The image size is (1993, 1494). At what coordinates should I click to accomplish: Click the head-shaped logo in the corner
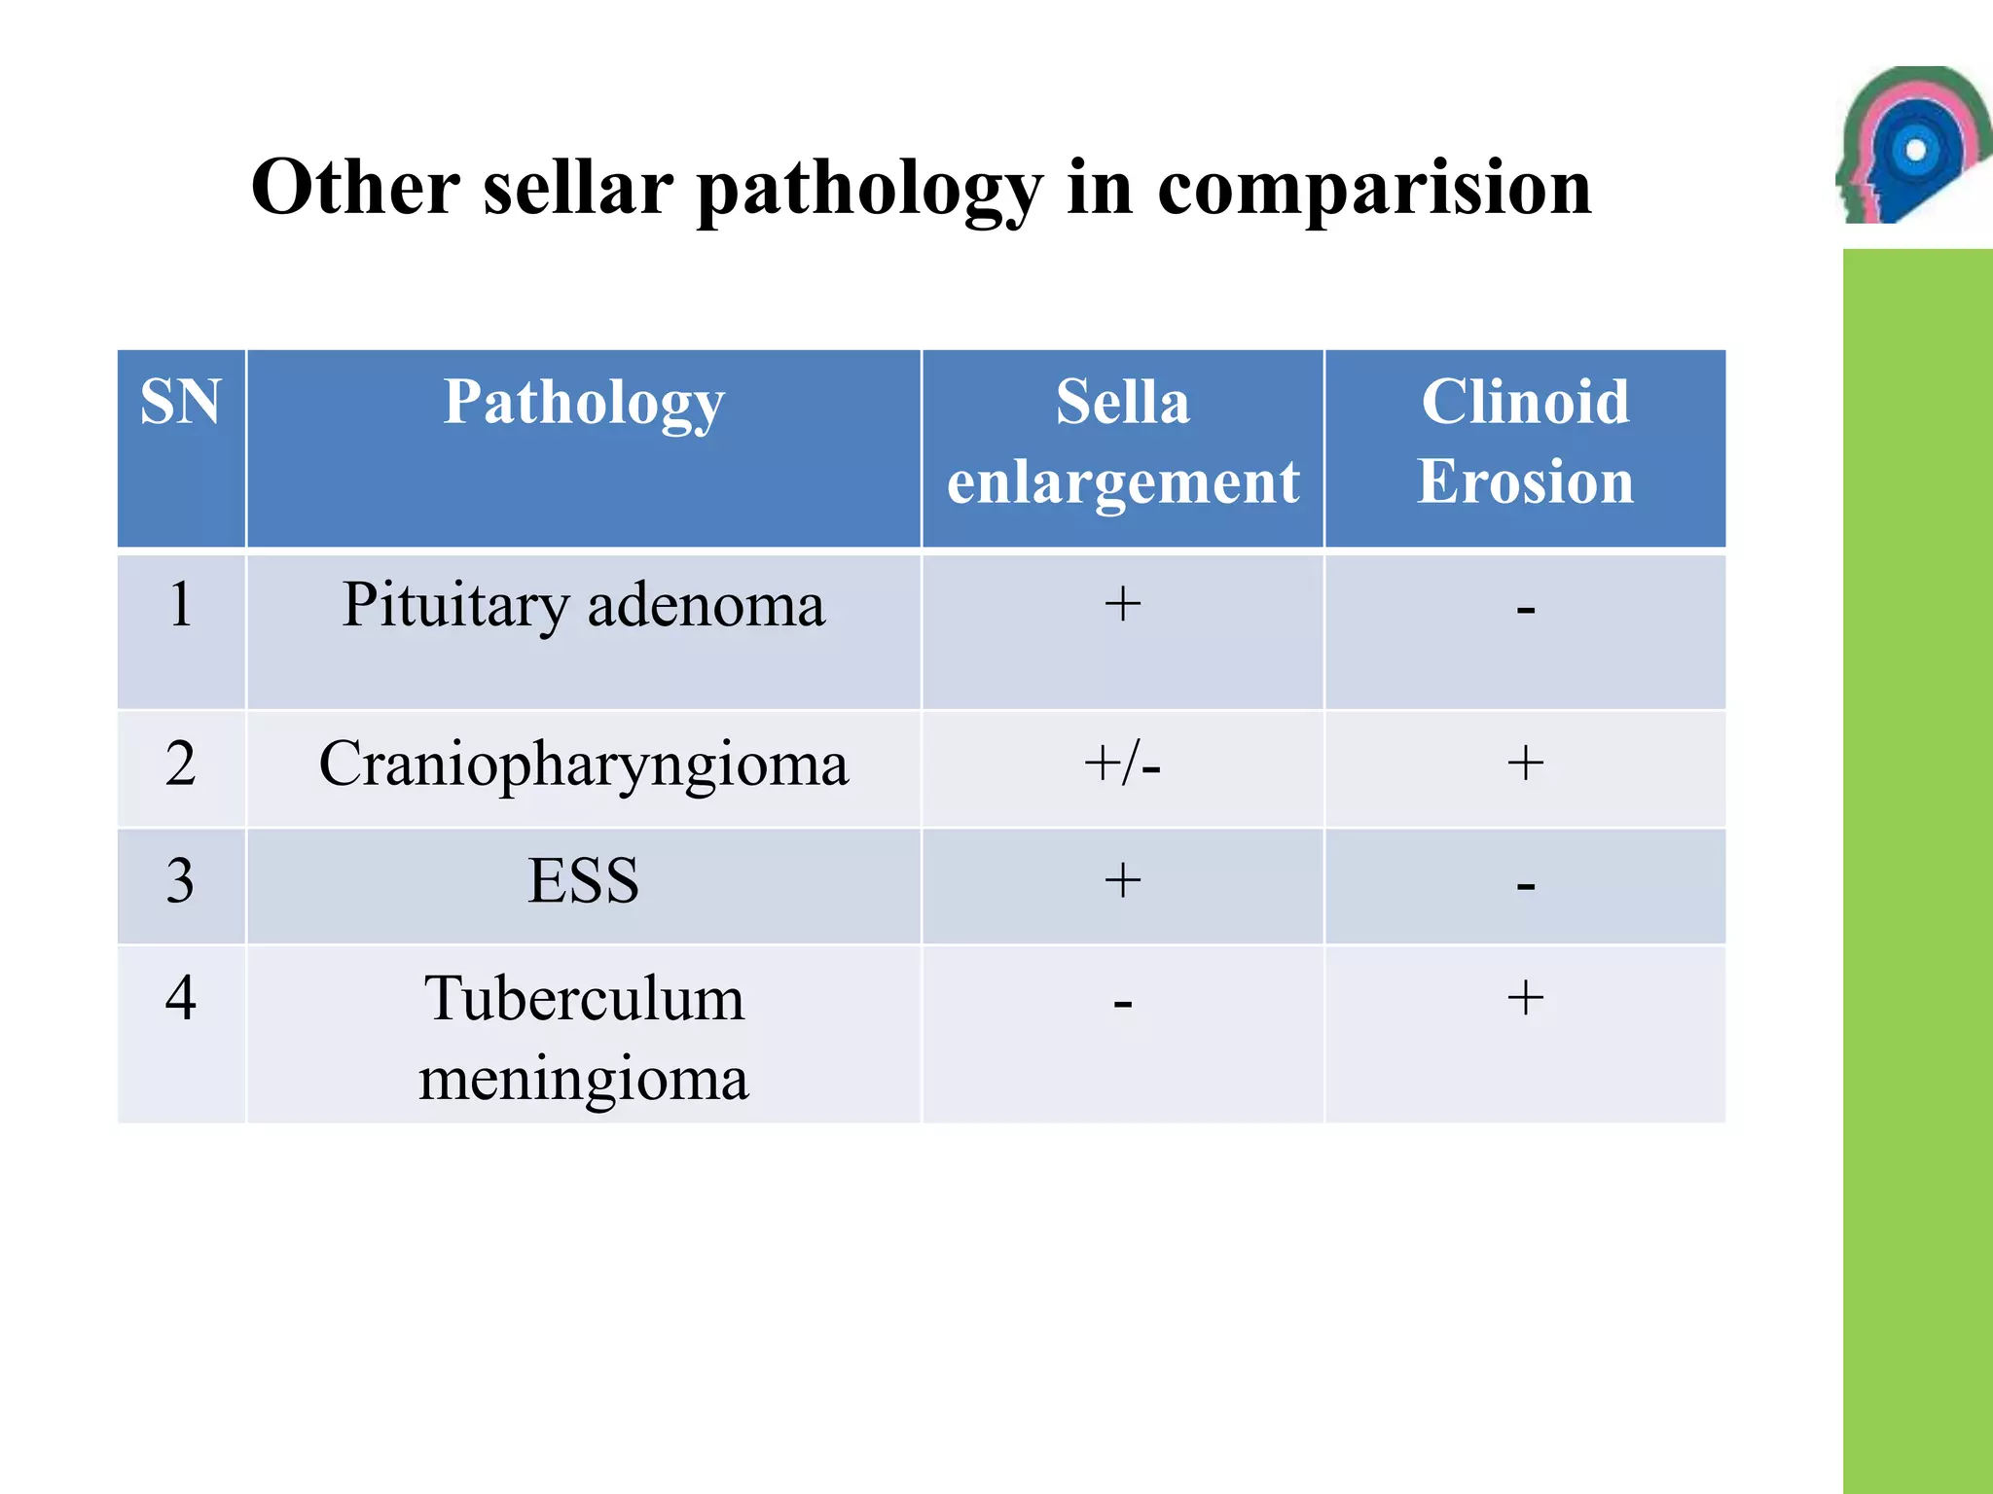click(x=1909, y=146)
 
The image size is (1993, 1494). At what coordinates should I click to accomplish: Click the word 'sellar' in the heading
click(x=578, y=187)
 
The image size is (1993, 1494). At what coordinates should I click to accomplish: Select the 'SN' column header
click(x=181, y=402)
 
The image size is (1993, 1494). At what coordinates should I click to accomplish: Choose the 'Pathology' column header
click(x=584, y=402)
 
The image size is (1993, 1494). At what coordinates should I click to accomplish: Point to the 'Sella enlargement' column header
click(x=1123, y=442)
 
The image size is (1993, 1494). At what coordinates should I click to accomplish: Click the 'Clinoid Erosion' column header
click(x=1525, y=442)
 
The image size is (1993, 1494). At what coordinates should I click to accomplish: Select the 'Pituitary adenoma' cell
click(x=584, y=605)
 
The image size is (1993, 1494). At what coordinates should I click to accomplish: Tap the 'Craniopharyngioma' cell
click(x=584, y=765)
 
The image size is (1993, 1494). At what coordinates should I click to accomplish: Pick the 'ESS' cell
click(x=584, y=881)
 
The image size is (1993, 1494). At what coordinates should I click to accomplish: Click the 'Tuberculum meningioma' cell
click(x=584, y=1038)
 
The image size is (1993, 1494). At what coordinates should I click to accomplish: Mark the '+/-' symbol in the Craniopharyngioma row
click(x=1123, y=765)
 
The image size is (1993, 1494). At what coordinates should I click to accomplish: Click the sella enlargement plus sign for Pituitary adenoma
click(x=1123, y=604)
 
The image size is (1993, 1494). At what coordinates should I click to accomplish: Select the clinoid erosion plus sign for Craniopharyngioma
click(x=1525, y=763)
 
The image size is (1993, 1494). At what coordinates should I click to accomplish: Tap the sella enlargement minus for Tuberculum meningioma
click(x=1123, y=1003)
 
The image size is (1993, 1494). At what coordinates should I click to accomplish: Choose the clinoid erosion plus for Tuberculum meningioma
click(x=1525, y=998)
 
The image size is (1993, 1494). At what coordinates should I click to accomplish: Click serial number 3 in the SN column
click(x=181, y=881)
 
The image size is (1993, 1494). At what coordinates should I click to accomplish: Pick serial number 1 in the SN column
click(x=181, y=605)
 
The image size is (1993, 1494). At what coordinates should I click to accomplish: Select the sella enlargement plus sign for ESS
click(x=1123, y=880)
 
